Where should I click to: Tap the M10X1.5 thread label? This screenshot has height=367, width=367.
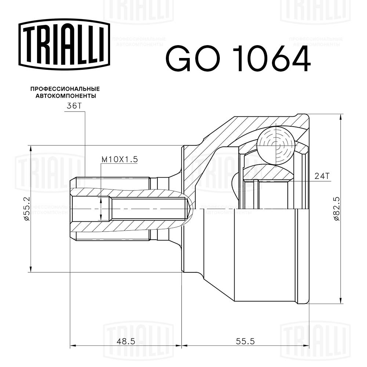point(119,159)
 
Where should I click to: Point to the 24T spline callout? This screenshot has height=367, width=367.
point(321,176)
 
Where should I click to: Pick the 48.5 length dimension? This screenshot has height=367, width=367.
point(126,341)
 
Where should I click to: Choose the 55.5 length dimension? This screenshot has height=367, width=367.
point(245,341)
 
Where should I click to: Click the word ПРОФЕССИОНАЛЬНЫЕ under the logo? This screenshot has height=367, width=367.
point(65,89)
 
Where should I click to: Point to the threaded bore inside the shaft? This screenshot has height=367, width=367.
point(147,209)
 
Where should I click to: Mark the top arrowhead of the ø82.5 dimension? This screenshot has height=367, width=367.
point(341,117)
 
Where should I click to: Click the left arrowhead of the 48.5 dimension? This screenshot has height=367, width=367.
point(72,346)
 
